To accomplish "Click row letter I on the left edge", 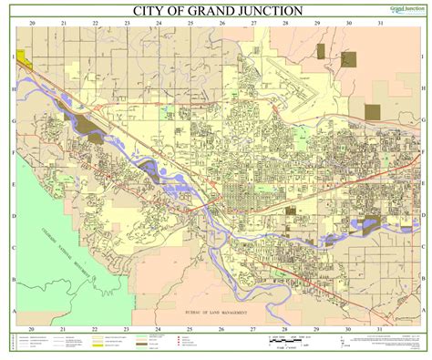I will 13,57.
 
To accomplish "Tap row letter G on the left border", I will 13,120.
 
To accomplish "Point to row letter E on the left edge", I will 13,183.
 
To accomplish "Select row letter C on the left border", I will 13,247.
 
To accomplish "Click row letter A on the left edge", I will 13,310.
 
